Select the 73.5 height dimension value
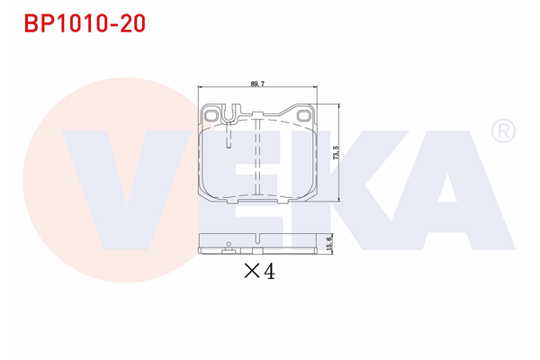(x=336, y=150)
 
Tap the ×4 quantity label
(x=259, y=269)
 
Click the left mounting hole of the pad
(x=211, y=114)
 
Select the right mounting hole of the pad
(x=303, y=114)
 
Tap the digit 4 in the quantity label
(x=268, y=269)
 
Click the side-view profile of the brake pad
(x=257, y=245)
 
